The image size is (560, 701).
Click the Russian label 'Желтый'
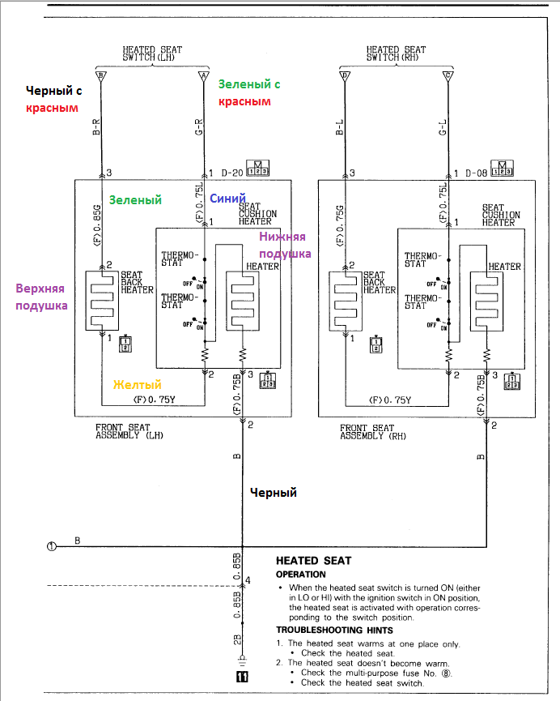click(137, 384)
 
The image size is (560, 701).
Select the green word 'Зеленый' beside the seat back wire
click(135, 199)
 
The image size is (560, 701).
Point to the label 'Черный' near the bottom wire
click(273, 492)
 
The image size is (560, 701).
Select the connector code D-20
click(231, 173)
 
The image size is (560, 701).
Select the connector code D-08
click(476, 173)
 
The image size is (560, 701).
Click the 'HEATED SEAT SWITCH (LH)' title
click(152, 53)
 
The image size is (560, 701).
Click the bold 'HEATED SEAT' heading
click(313, 560)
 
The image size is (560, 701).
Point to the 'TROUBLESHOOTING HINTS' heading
click(334, 630)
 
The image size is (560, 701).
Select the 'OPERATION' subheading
click(300, 575)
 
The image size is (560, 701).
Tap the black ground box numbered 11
click(240, 677)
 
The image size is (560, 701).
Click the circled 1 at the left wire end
click(51, 545)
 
